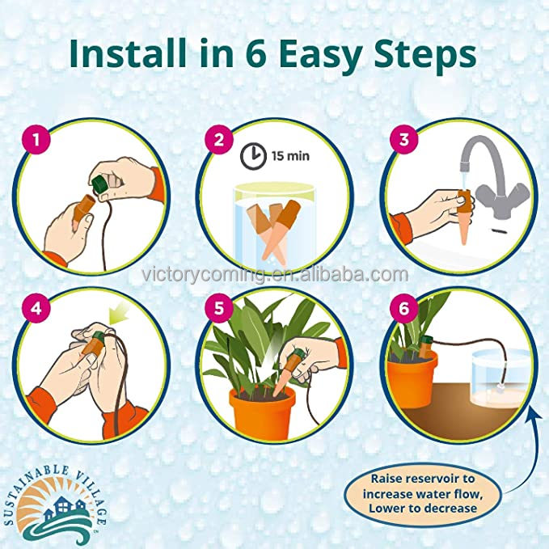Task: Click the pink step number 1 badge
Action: [36, 140]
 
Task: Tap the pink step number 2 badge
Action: [219, 140]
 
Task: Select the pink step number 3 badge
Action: [404, 139]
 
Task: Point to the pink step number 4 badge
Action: [36, 309]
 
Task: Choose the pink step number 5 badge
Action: [219, 309]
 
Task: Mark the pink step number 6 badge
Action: [403, 309]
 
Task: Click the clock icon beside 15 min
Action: [253, 156]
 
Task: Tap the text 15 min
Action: [290, 155]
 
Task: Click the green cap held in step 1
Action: [99, 184]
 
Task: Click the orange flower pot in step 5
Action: [262, 414]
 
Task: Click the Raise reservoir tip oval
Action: [423, 493]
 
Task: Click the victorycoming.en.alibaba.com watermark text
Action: [275, 275]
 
